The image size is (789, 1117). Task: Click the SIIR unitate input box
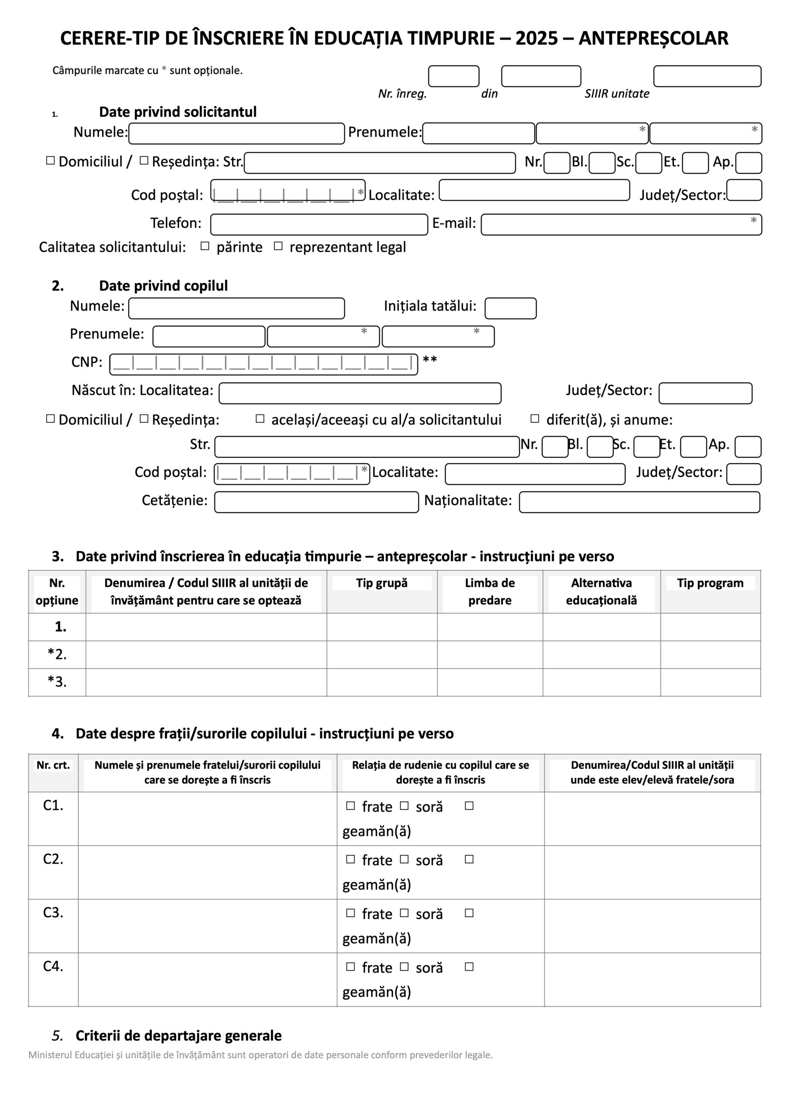[x=707, y=76]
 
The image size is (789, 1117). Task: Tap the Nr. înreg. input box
[x=453, y=76]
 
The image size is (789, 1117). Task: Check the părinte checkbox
[x=205, y=246]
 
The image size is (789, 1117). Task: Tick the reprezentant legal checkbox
[x=278, y=246]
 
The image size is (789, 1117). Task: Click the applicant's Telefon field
[x=319, y=225]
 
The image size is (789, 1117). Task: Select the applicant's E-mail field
[x=621, y=225]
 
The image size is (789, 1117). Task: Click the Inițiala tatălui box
[x=510, y=308]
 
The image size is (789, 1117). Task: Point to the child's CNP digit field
[x=263, y=364]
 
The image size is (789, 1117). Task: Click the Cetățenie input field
[x=316, y=502]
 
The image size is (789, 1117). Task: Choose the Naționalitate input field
[x=639, y=502]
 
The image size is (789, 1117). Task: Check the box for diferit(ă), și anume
[x=535, y=418]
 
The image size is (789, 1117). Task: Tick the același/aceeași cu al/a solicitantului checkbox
[x=260, y=418]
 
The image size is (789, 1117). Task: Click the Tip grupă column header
[x=382, y=583]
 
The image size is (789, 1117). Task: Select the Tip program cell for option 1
[x=710, y=627]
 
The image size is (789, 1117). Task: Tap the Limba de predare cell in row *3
[x=490, y=682]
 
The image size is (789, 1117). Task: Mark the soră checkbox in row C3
[x=404, y=913]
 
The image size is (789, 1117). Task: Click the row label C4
[x=53, y=966]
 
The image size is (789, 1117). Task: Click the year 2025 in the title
[x=536, y=38]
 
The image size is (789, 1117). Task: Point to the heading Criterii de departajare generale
[x=178, y=1035]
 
